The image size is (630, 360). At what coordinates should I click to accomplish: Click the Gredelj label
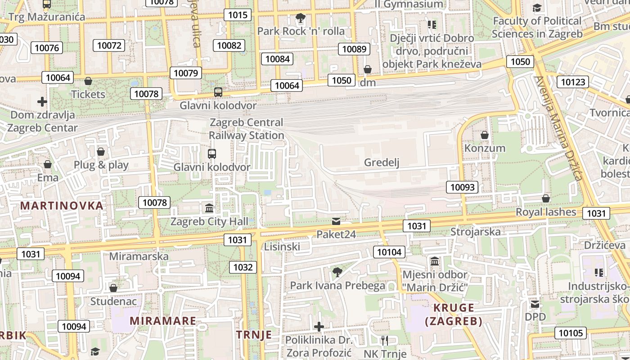click(x=382, y=162)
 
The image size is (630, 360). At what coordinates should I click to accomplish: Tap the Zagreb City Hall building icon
click(x=209, y=208)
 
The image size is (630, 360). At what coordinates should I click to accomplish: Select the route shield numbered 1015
click(x=238, y=15)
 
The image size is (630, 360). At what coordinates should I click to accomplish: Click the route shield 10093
click(x=462, y=187)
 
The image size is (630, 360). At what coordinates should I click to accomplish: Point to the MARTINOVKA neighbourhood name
click(x=62, y=206)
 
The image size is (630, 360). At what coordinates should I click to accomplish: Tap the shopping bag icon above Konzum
click(x=485, y=135)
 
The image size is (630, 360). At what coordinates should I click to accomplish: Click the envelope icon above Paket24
click(x=336, y=221)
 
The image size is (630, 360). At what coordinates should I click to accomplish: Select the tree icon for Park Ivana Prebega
click(x=337, y=272)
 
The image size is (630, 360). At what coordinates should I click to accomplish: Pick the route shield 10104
click(x=389, y=252)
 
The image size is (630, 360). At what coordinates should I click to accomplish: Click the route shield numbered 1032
click(x=243, y=267)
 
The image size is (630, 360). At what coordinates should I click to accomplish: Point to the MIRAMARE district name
click(x=163, y=321)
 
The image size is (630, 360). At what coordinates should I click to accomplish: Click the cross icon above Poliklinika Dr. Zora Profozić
click(x=319, y=326)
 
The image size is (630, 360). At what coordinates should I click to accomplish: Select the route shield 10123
click(x=573, y=82)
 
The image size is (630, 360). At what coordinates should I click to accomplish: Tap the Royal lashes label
click(x=545, y=212)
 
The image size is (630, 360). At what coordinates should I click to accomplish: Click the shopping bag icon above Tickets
click(x=88, y=81)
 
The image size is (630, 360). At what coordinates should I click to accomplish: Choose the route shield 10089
click(x=354, y=49)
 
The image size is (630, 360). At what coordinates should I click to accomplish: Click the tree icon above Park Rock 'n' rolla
click(x=300, y=18)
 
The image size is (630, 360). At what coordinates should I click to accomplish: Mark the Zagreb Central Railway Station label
click(x=247, y=129)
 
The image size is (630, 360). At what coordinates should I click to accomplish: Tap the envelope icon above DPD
click(x=535, y=304)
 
